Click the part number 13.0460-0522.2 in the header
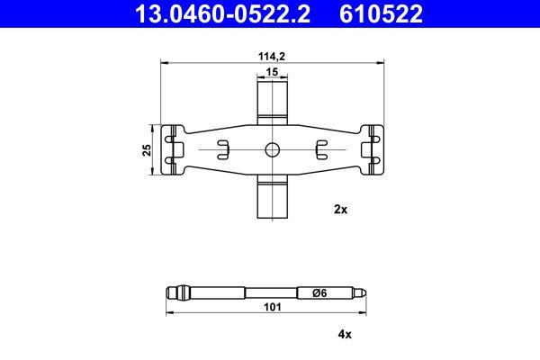(222, 13)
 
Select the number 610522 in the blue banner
(381, 13)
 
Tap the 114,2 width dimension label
(272, 56)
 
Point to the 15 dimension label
(272, 72)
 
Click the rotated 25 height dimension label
(147, 150)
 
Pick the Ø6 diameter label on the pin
(319, 293)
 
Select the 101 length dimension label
(273, 307)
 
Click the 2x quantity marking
(340, 209)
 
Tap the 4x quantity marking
(345, 334)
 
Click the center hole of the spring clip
(272, 150)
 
